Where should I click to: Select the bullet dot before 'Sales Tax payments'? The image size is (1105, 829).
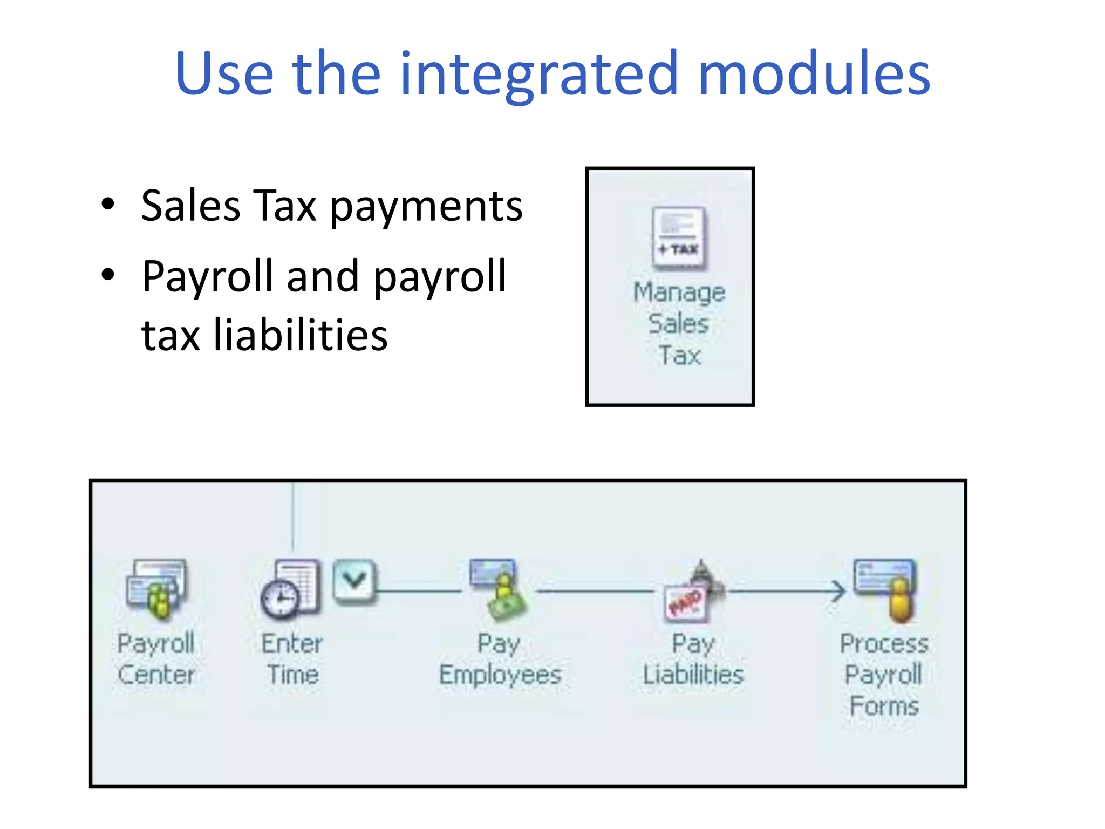(x=108, y=205)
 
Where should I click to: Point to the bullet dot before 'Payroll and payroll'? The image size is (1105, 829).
(x=108, y=275)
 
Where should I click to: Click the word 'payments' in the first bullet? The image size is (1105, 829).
(x=426, y=207)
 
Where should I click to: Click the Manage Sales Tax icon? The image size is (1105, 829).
(x=679, y=238)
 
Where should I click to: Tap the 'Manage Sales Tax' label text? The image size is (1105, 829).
(x=679, y=324)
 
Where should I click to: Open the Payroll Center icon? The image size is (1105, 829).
(x=156, y=589)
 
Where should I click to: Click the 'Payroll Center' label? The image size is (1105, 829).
(x=156, y=659)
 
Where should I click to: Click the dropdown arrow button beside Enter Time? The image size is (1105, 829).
(x=354, y=580)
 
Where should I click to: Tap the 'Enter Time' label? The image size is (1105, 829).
(x=292, y=659)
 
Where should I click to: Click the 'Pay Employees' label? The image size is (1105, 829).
(x=500, y=659)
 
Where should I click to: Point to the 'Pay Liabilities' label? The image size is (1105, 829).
(x=693, y=659)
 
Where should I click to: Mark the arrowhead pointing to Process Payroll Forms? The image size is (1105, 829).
(x=838, y=592)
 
